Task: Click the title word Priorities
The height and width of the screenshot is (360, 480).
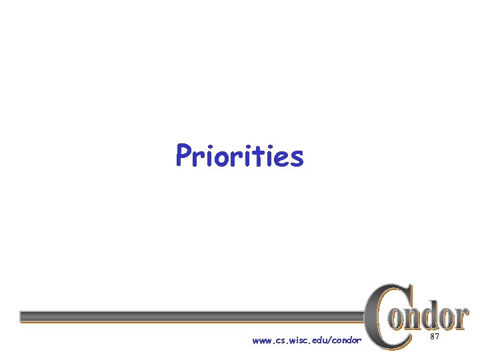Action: [239, 157]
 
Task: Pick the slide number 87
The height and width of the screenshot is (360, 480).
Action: [434, 338]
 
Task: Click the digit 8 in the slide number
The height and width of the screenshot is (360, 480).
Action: [432, 338]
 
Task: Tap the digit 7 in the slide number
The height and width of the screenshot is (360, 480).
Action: [437, 338]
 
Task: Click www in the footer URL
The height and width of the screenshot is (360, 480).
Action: [262, 341]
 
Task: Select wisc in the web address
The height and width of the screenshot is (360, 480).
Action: [297, 341]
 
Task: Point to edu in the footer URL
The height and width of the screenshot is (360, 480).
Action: [320, 341]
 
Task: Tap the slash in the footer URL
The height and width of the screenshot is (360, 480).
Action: [331, 341]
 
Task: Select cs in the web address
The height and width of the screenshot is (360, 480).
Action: [279, 341]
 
